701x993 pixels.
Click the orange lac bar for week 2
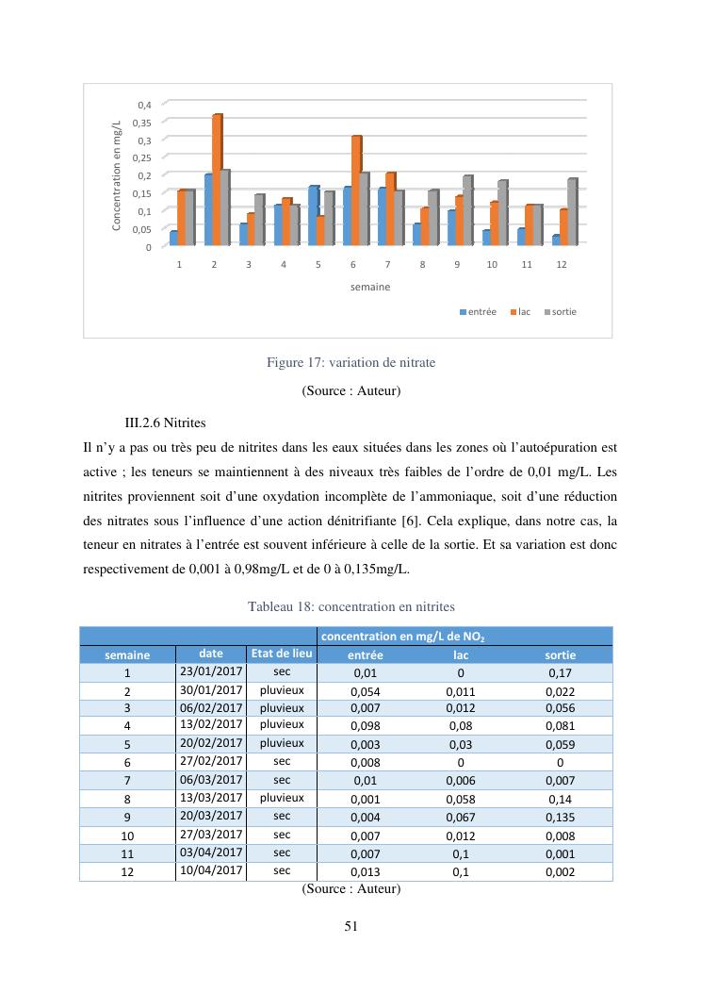[x=217, y=179]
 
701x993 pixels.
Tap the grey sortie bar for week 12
[x=572, y=211]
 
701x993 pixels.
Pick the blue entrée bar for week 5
[x=314, y=215]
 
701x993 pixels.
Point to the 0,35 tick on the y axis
[x=144, y=122]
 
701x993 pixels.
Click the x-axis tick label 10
[x=492, y=265]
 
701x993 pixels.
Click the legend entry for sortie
[x=564, y=311]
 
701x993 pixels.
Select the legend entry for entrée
[x=479, y=311]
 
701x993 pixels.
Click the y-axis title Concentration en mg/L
[x=117, y=174]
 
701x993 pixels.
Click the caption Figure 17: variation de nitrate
[x=351, y=361]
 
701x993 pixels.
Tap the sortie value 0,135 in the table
[x=561, y=818]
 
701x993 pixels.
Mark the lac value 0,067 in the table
[x=460, y=818]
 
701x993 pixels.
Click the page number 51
[x=350, y=926]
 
